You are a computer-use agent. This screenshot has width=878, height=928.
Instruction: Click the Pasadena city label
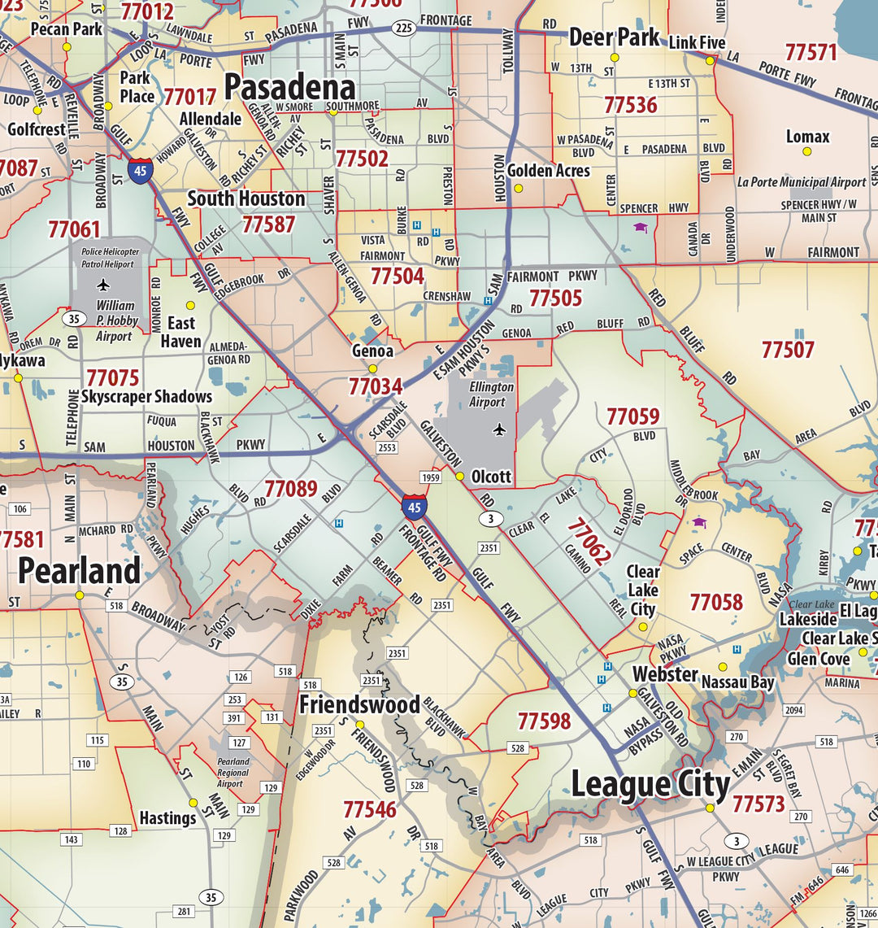[x=289, y=88]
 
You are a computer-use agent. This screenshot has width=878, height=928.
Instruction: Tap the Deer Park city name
[x=614, y=37]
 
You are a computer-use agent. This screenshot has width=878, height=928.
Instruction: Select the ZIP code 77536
[x=630, y=105]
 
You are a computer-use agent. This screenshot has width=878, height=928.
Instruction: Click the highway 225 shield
[x=404, y=28]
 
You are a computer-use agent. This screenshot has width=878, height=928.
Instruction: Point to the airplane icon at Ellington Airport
[x=499, y=429]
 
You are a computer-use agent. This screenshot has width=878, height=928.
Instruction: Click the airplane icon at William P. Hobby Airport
[x=103, y=285]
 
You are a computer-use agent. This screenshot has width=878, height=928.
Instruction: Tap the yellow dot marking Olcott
[x=459, y=477]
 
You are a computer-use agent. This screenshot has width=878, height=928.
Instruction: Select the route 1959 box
[x=430, y=477]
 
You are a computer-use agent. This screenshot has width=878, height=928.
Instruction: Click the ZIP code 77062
[x=588, y=542]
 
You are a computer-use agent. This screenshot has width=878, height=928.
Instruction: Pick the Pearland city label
[x=79, y=571]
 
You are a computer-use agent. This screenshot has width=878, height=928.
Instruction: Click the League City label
[x=650, y=785]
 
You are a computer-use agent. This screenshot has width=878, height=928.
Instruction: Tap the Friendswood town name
[x=359, y=704]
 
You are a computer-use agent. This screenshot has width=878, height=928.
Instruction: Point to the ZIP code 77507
[x=788, y=350]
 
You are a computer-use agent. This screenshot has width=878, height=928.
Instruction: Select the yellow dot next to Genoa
[x=373, y=368]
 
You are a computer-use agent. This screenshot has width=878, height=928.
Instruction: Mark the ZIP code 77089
[x=290, y=489]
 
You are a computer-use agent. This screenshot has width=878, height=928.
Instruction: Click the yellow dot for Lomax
[x=806, y=151]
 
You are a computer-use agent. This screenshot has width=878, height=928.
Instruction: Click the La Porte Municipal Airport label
[x=802, y=182]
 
